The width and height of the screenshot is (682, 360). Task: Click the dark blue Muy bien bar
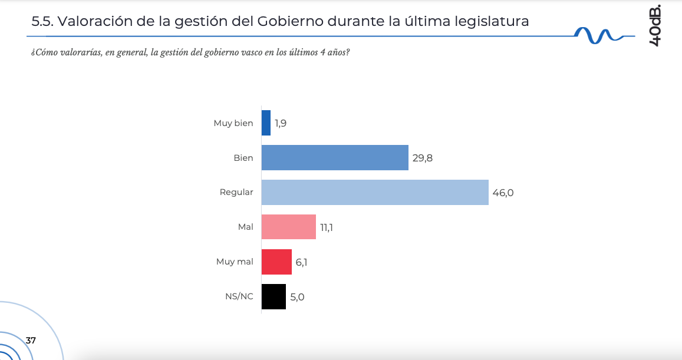pos(266,123)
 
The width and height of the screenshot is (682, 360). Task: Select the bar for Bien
pos(335,158)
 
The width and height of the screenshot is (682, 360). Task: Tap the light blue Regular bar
pos(375,193)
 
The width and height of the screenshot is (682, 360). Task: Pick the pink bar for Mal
pos(289,227)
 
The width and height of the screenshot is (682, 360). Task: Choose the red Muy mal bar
pos(276,262)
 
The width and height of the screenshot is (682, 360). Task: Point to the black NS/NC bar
pos(274,297)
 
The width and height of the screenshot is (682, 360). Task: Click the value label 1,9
pos(281,124)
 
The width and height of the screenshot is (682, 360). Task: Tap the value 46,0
pos(503,193)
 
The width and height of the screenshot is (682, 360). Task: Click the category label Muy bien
pos(233,123)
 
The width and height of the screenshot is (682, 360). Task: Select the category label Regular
pos(236,193)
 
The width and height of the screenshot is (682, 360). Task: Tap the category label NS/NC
pos(239,297)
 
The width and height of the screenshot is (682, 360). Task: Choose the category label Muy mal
pos(235,262)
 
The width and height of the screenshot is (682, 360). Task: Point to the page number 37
pos(31,341)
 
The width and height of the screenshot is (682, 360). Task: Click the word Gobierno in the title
pos(289,22)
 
